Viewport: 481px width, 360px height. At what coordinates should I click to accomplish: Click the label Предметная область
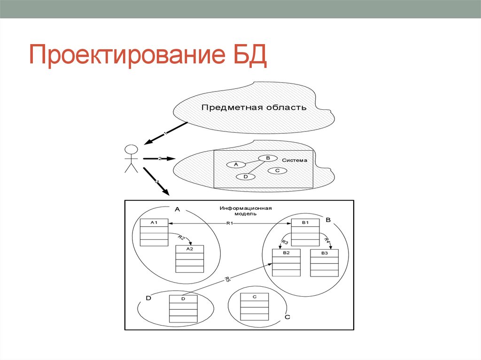point(254,107)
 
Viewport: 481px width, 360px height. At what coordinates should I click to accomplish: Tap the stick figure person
point(131,159)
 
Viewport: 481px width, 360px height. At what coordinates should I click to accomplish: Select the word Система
point(295,160)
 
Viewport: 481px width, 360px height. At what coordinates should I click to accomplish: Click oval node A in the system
point(236,164)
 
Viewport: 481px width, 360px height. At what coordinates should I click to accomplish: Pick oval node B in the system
point(268,158)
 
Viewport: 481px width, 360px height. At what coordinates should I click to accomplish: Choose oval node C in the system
point(277,170)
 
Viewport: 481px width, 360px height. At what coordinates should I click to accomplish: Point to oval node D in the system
point(246,177)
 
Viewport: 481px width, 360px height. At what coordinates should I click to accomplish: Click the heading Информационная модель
point(245,210)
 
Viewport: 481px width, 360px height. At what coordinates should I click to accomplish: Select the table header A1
point(154,222)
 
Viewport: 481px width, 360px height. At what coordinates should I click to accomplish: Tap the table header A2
point(189,249)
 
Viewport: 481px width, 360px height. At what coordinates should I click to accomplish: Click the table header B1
point(305,222)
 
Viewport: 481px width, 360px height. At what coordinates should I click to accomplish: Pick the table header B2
point(286,253)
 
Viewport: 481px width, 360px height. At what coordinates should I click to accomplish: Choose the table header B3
point(324,253)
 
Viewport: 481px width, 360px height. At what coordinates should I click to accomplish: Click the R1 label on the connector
point(230,223)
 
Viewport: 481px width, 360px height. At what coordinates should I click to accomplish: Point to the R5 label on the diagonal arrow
point(227,280)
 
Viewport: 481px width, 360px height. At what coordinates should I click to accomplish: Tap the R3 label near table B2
point(285,242)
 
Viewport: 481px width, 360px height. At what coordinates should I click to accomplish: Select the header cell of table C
point(254,297)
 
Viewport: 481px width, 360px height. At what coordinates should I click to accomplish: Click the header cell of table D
point(183,299)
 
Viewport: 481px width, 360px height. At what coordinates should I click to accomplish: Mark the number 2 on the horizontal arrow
point(160,159)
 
